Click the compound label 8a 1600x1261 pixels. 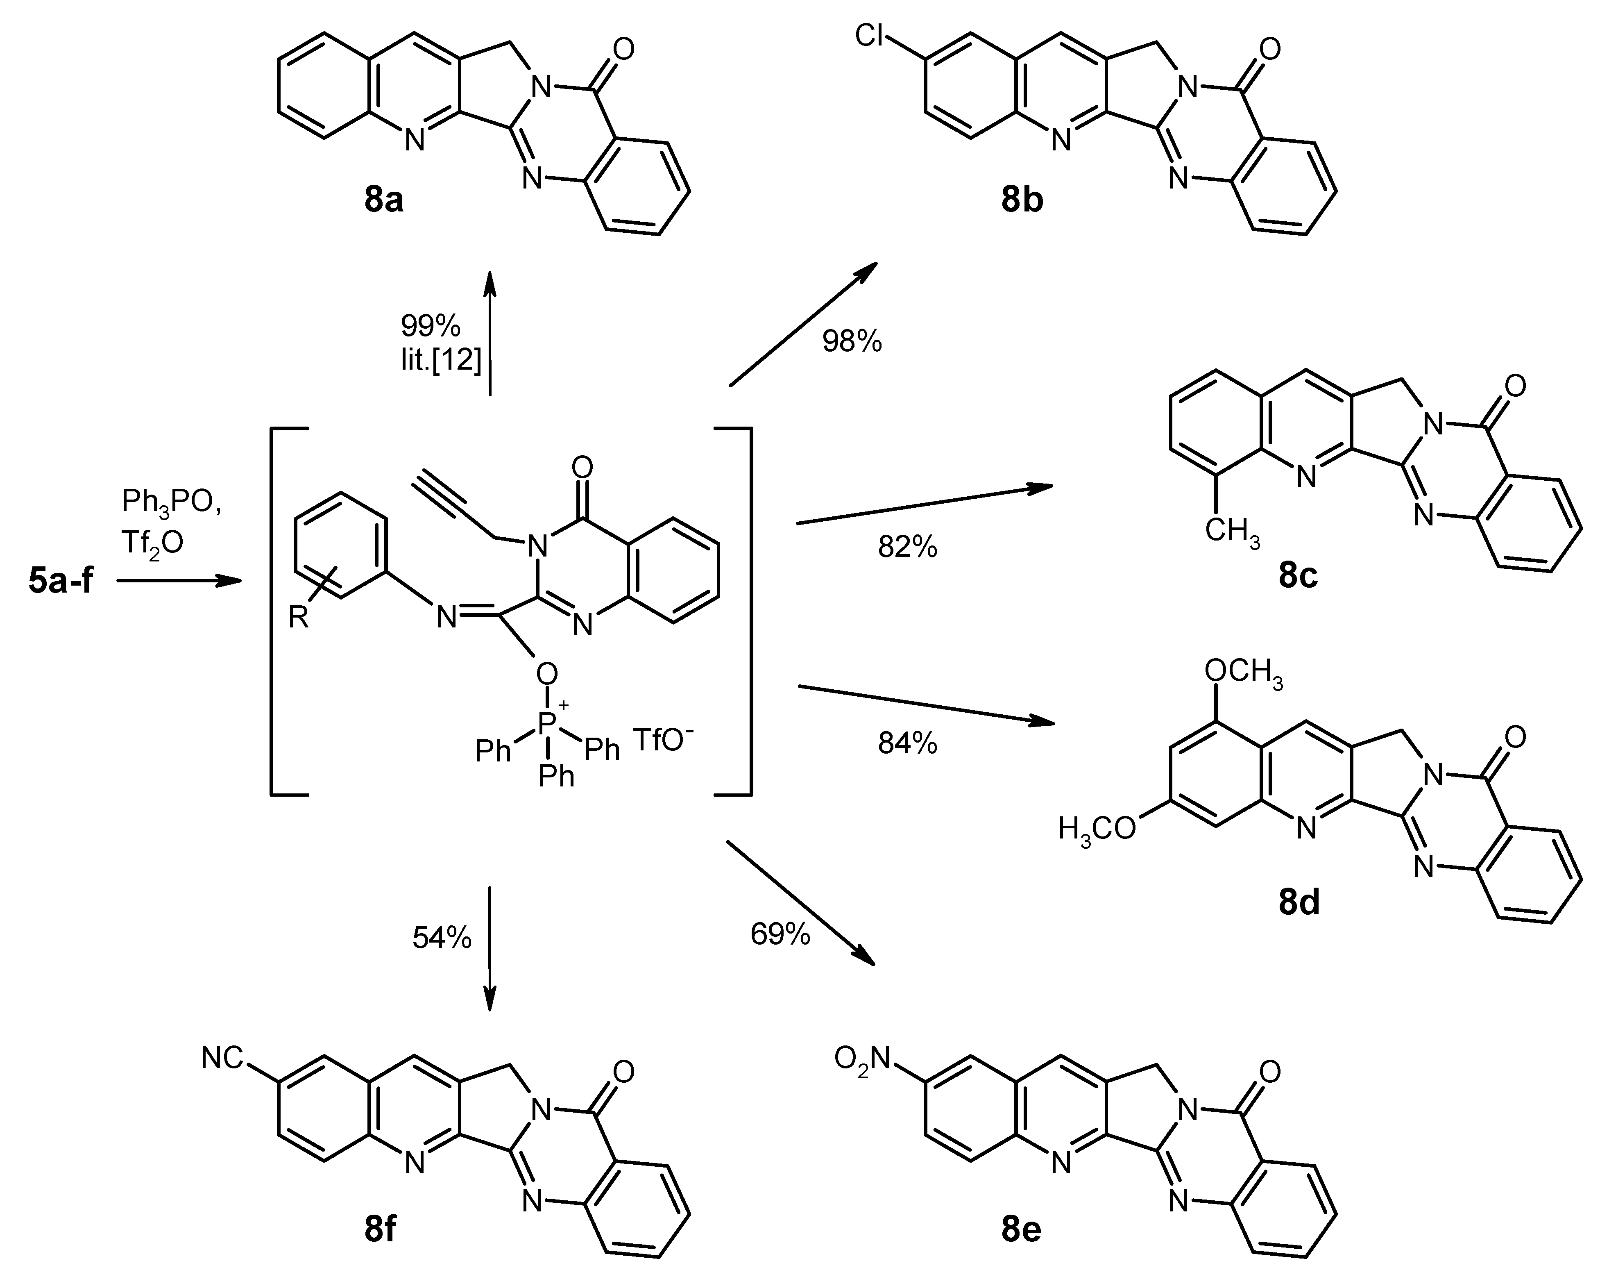384,200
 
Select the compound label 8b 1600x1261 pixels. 1022,200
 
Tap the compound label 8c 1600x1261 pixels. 1299,576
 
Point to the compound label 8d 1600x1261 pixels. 1299,903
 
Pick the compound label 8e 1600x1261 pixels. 1022,1230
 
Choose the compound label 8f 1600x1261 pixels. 380,1230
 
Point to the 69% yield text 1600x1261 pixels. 780,935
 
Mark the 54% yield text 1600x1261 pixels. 441,938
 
